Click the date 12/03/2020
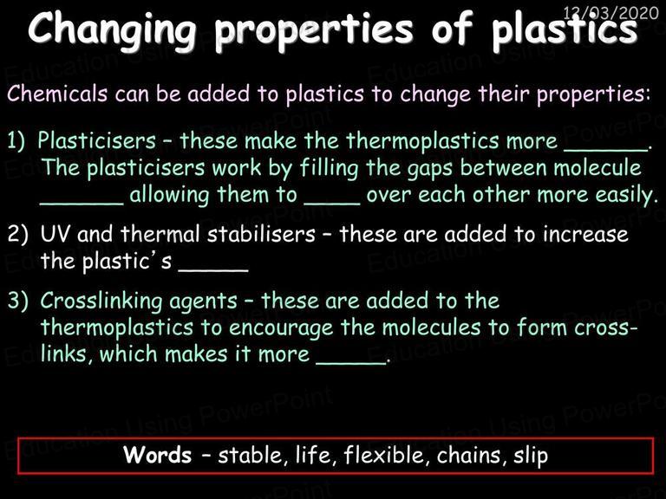[610, 13]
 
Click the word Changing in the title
[113, 29]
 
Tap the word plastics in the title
[565, 29]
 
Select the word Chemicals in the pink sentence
[57, 94]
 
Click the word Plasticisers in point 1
[97, 141]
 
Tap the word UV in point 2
[54, 234]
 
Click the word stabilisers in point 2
[261, 234]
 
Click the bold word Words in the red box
[158, 455]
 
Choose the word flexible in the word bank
[384, 455]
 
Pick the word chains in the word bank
[469, 455]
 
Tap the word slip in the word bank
[531, 456]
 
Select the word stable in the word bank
[250, 455]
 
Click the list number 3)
[18, 301]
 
